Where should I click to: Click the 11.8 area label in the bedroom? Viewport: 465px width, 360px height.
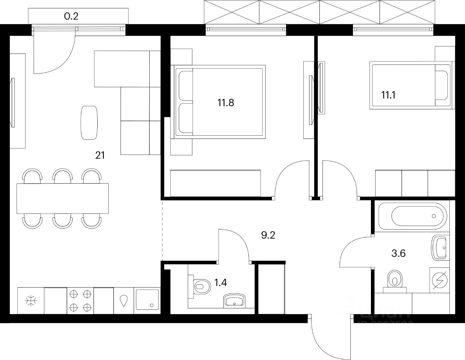(x=226, y=103)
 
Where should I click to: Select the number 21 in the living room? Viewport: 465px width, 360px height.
(x=100, y=156)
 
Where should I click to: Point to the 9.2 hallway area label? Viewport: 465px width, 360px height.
(x=268, y=235)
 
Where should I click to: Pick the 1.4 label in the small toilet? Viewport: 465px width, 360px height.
(x=221, y=283)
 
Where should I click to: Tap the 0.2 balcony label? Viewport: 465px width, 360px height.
(x=71, y=16)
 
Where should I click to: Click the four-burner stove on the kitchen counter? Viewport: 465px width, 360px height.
(x=80, y=300)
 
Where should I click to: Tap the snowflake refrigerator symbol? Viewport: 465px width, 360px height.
(x=31, y=301)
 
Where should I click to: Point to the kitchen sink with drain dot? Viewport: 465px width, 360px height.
(x=147, y=300)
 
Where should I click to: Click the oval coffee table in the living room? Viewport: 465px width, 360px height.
(x=89, y=123)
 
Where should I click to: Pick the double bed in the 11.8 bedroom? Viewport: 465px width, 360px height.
(x=220, y=101)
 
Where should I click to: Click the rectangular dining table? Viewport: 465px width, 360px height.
(x=62, y=198)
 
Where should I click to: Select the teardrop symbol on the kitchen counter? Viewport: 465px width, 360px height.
(x=124, y=300)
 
